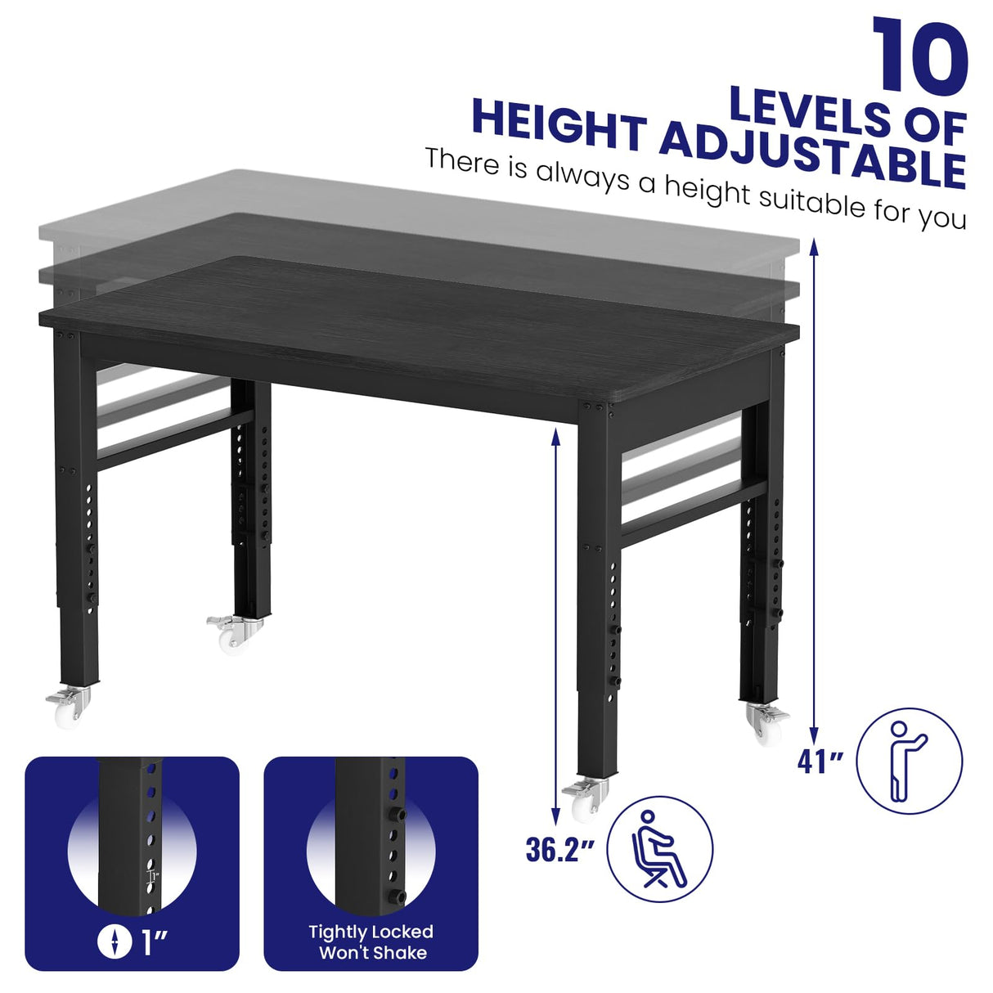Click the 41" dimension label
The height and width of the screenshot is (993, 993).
click(820, 762)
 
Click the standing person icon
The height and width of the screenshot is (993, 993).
click(910, 761)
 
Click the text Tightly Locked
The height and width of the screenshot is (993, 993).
click(371, 932)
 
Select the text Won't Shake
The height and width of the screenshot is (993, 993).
click(372, 953)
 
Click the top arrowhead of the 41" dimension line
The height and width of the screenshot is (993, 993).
click(815, 246)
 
